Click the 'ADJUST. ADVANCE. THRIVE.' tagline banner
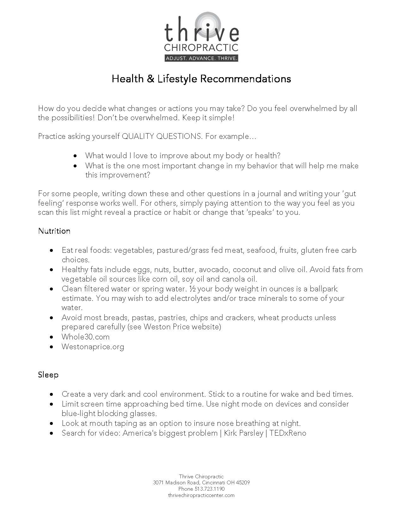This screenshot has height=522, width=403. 201,58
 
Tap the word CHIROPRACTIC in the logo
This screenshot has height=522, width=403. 201,47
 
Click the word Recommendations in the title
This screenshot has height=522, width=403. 245,78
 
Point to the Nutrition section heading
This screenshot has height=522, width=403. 54,231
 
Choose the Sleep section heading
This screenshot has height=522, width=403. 48,375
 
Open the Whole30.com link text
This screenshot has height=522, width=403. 85,337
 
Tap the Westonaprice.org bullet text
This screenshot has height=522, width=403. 93,347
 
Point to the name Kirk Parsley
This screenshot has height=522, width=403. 243,433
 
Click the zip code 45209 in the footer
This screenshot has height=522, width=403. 243,483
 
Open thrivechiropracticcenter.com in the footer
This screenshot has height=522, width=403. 201,495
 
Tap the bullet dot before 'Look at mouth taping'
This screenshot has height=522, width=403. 51,424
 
